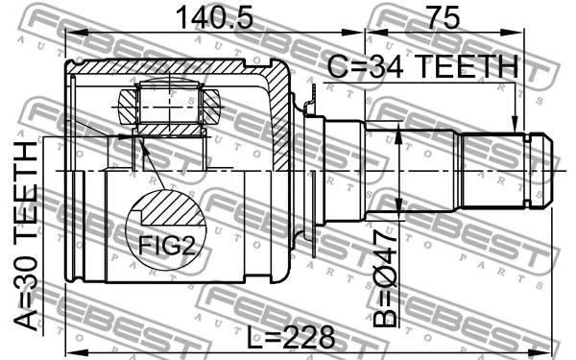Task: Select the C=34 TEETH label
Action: click(x=423, y=68)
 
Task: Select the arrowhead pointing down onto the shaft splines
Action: click(x=516, y=124)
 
